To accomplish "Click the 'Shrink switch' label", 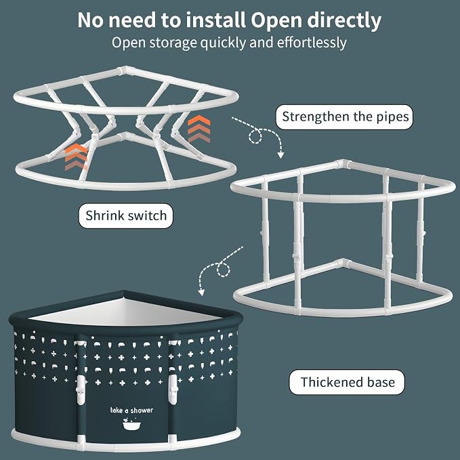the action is point(126,216).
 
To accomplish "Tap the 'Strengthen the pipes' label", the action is point(344,117).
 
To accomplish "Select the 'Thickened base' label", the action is point(347,382).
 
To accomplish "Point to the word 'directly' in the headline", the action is point(344,20).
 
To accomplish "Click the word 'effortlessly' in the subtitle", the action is point(312,43).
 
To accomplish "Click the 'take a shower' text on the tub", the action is point(131,410).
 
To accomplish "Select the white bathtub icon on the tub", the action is point(131,423).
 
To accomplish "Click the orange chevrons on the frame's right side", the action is point(199,129).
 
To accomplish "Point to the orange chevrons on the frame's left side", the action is point(76,157).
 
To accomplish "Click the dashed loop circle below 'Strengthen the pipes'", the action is point(255,136).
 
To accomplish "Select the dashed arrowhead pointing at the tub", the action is point(201,292).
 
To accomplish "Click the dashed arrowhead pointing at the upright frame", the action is point(280,154).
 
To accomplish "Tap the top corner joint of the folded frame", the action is point(125,70).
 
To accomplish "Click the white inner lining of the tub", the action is point(123,312).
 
